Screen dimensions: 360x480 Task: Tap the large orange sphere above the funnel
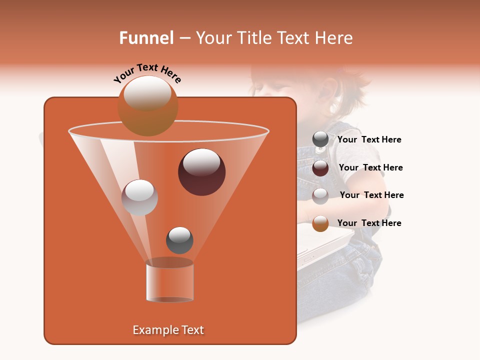tap(147, 105)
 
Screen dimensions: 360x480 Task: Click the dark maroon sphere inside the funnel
tap(201, 172)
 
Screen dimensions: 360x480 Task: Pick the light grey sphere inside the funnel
tap(139, 197)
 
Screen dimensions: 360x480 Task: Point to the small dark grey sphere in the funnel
tap(179, 240)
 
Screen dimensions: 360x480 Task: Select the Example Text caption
tap(168, 330)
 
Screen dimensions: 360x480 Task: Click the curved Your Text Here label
tap(147, 73)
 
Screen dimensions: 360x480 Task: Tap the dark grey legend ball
tap(320, 139)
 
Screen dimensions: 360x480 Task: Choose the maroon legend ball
tap(320, 167)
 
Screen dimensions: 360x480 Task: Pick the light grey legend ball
tap(320, 195)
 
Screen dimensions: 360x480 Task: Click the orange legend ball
tap(320, 223)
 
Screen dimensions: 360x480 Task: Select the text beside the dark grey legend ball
tap(369, 139)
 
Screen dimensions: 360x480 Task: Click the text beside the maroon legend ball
tap(370, 167)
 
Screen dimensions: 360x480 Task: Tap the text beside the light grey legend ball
tap(371, 195)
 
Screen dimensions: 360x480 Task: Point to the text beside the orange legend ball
tap(369, 223)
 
